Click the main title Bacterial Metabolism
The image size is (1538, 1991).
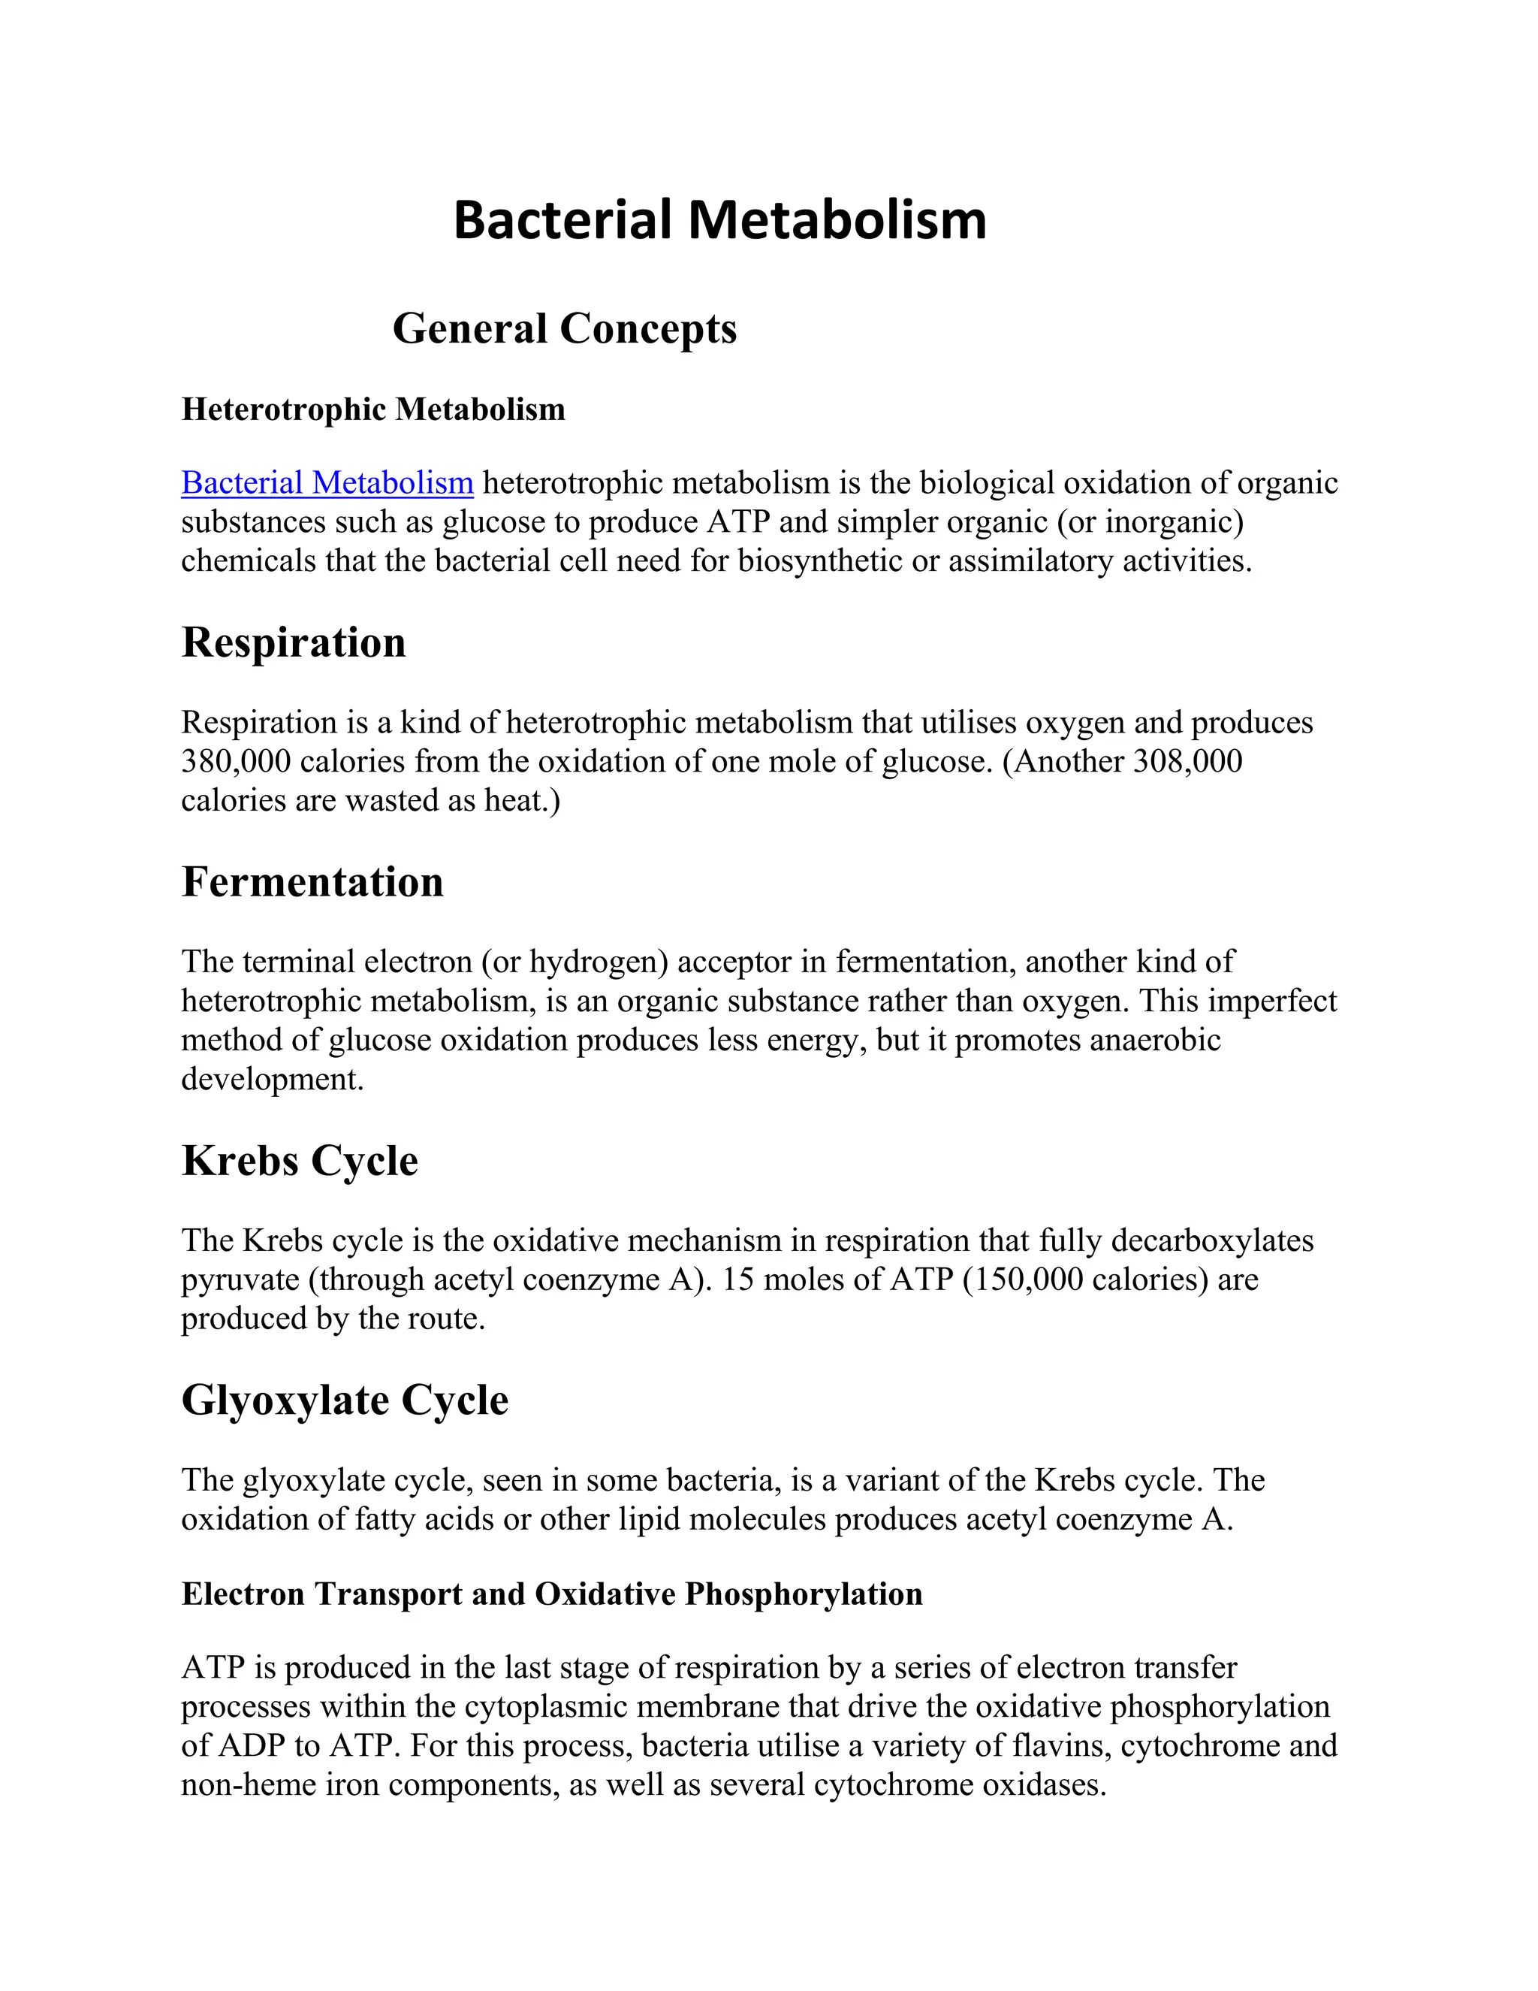pos(719,221)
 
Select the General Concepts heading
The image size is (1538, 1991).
pos(564,328)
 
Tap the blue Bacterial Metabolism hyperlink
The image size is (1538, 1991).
pos(327,482)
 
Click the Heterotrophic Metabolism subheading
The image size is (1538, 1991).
pos(372,409)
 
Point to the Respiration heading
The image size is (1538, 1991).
pos(294,642)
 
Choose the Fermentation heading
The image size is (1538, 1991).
pos(312,881)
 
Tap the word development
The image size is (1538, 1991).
pos(272,1080)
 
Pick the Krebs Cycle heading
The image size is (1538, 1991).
pos(300,1161)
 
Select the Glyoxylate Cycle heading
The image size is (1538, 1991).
pos(345,1400)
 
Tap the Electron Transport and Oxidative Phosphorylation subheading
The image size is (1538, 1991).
pos(551,1594)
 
